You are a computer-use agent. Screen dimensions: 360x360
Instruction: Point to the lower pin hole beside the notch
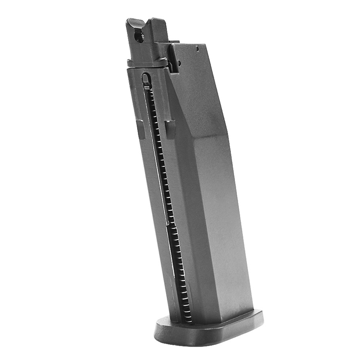point(179,63)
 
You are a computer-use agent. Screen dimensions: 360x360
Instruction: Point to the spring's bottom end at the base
point(188,319)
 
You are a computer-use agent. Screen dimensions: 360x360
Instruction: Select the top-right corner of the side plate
point(204,45)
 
